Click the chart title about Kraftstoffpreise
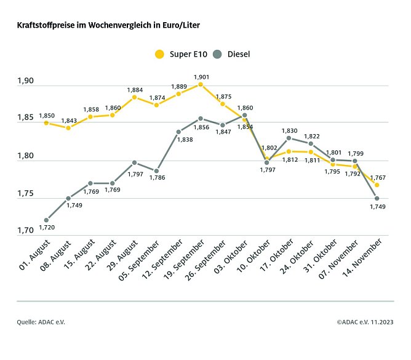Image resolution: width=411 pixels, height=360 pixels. tap(108, 26)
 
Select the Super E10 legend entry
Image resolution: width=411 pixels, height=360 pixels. tap(180, 54)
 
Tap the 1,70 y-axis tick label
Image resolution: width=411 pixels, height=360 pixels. tap(26, 230)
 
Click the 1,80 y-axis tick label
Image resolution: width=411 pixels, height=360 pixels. tap(26, 156)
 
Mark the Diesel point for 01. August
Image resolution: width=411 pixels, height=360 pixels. tap(46, 220)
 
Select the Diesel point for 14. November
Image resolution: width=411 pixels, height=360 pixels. tap(377, 198)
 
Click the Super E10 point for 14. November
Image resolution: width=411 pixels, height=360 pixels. tap(377, 185)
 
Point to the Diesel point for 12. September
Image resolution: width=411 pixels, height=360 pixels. tap(178, 132)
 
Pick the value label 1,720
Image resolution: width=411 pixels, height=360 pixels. tap(47, 228)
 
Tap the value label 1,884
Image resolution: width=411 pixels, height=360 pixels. tap(135, 90)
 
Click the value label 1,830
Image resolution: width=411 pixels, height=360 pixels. tap(290, 130)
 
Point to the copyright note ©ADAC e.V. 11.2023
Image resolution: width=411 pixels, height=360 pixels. tap(365, 322)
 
